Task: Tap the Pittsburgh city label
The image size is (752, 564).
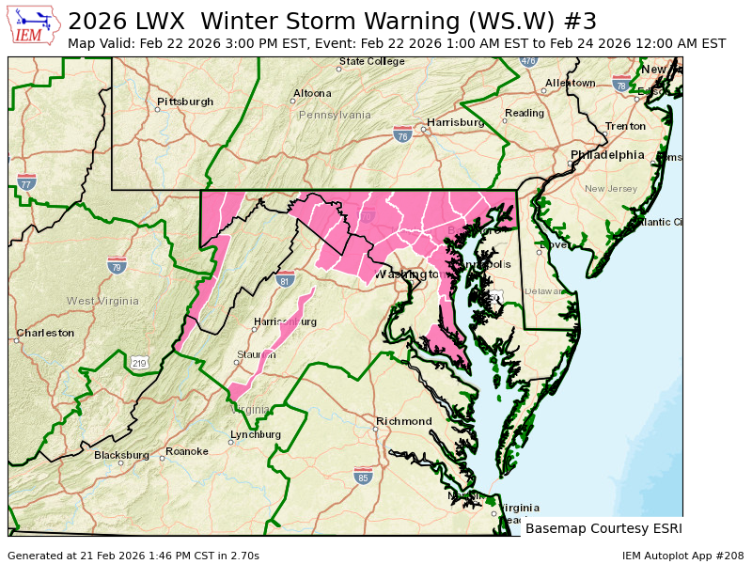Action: pyautogui.click(x=185, y=102)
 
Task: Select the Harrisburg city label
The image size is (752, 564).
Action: pyautogui.click(x=455, y=123)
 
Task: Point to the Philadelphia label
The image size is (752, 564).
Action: pyautogui.click(x=607, y=155)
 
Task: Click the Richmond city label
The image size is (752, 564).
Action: pyautogui.click(x=404, y=421)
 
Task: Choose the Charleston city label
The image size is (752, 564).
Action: pyautogui.click(x=45, y=333)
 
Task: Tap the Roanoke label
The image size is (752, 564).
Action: pyautogui.click(x=186, y=451)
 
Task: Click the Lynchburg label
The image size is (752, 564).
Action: pyautogui.click(x=256, y=434)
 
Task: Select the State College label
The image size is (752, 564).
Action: pyautogui.click(x=372, y=62)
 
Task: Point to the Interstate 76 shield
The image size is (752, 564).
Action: pyautogui.click(x=402, y=135)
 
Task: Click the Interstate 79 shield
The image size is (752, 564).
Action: pyautogui.click(x=117, y=265)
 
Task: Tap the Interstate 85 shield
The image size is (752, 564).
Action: pyautogui.click(x=363, y=477)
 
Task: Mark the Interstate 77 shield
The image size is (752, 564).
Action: pyautogui.click(x=27, y=182)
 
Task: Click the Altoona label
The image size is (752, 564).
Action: pyautogui.click(x=312, y=93)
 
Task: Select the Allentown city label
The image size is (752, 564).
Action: pyautogui.click(x=570, y=83)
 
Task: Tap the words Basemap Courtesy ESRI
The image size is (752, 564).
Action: pyautogui.click(x=603, y=528)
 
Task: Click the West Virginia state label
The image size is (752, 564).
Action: pyautogui.click(x=102, y=301)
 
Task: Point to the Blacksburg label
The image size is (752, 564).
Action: pyautogui.click(x=121, y=455)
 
